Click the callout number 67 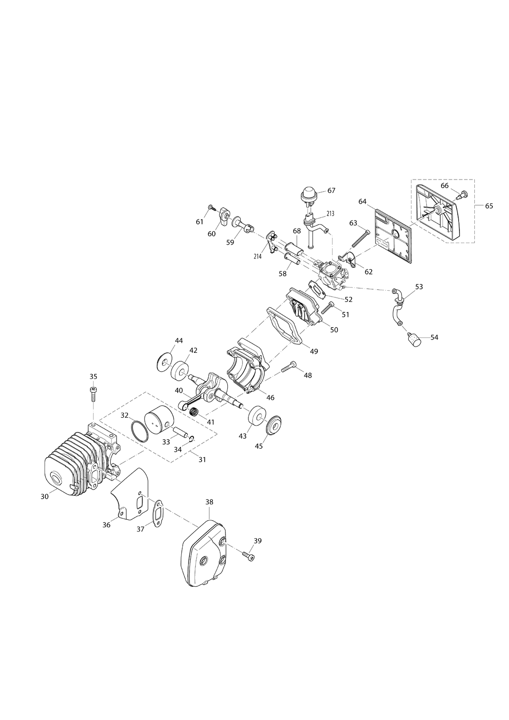point(331,191)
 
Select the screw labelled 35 point(93,394)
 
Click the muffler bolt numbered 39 point(248,555)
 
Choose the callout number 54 point(434,337)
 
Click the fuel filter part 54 point(413,340)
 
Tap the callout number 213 point(330,213)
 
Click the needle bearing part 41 point(193,411)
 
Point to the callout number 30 point(45,497)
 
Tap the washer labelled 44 point(165,363)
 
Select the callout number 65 point(489,206)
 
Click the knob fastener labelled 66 point(462,194)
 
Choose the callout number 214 point(257,256)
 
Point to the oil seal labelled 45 point(274,425)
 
